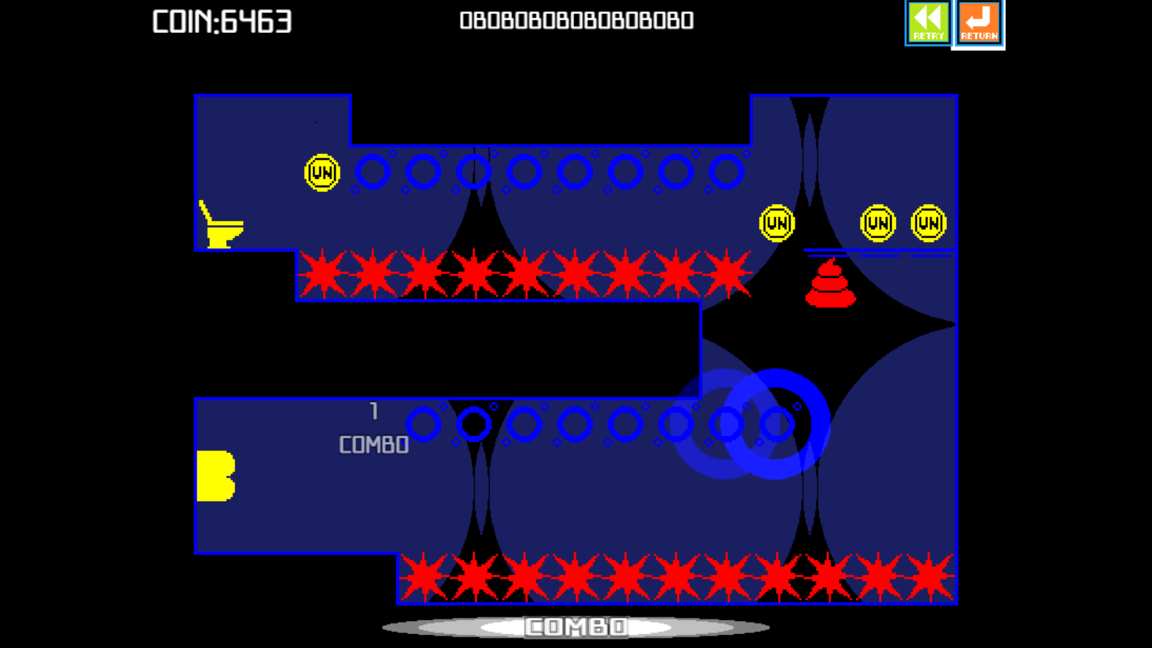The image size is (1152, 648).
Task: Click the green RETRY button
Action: coord(928,23)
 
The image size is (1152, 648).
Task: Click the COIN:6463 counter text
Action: coord(222,22)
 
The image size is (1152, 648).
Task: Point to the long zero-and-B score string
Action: coord(577,20)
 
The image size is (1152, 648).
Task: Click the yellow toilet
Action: coord(221,224)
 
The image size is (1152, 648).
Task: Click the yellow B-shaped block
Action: coord(215,476)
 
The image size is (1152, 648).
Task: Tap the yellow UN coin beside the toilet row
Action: coord(322,173)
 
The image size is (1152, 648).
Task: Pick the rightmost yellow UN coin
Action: coord(928,223)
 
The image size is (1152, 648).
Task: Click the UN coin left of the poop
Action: coord(777,223)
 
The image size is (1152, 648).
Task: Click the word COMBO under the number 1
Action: coord(374,445)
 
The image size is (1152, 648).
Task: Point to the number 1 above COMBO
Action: coord(374,411)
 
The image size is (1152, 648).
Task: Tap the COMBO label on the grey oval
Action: coord(576,627)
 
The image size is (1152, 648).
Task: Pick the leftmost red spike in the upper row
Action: coord(323,274)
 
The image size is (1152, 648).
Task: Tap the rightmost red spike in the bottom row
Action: coord(929,577)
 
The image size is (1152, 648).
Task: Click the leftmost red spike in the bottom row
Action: coord(424,577)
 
